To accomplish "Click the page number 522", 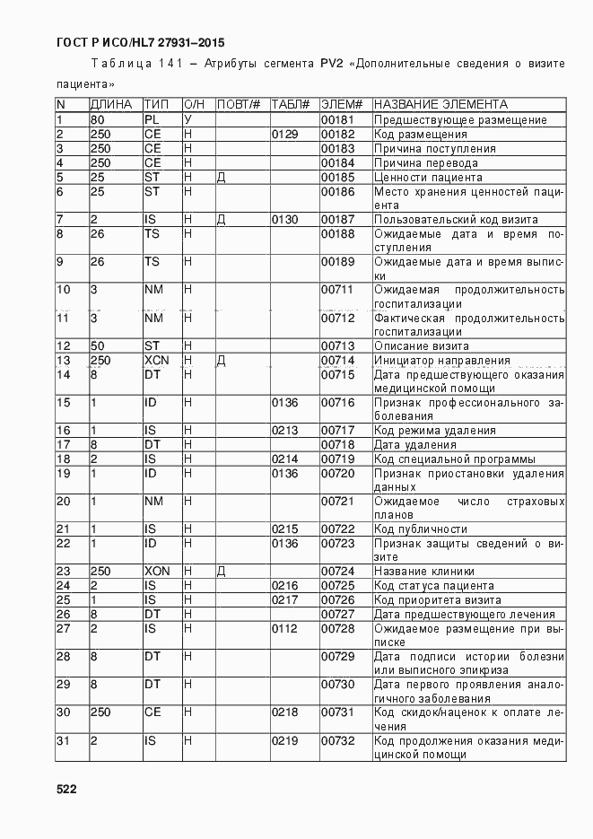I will tap(66, 789).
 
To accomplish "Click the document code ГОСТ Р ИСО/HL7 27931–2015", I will tap(141, 42).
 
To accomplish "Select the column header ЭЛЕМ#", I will tap(341, 104).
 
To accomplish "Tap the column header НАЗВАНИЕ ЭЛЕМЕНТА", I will tap(440, 104).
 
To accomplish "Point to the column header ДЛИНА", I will tap(111, 104).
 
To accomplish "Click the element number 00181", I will tap(338, 119).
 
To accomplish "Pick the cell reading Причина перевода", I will tap(425, 162).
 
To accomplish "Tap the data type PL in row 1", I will tap(152, 119).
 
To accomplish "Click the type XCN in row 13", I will tap(156, 360).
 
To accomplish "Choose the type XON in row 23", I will tap(156, 571).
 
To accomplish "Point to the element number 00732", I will tap(338, 740).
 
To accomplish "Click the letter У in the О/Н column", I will tap(188, 119).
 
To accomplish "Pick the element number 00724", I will tap(338, 571).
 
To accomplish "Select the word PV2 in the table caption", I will tap(328, 64).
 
